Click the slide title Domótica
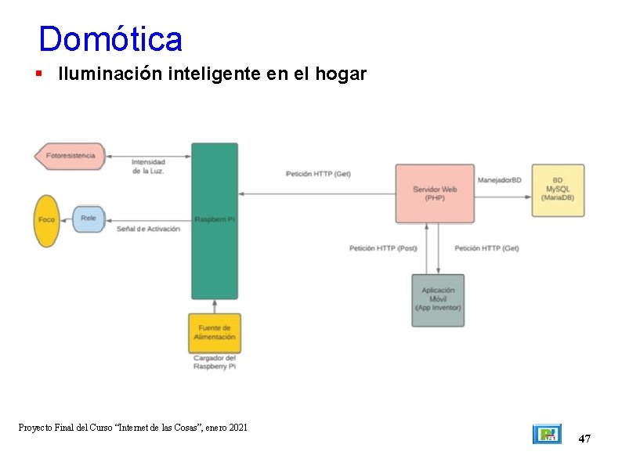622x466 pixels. [110, 39]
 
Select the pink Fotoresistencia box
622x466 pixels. [71, 156]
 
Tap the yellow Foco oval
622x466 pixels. [47, 220]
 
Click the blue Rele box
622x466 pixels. [89, 219]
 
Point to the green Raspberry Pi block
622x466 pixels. [215, 220]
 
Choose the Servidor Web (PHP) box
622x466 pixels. [435, 193]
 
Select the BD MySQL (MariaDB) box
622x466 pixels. [558, 190]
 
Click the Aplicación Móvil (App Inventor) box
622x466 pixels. [438, 299]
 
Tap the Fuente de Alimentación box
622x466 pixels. [215, 333]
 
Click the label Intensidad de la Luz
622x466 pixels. [148, 167]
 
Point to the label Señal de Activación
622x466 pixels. [148, 229]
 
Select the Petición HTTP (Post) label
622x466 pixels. [383, 248]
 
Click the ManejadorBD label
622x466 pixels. [499, 180]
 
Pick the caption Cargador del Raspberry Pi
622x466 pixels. [215, 363]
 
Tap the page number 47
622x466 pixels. [584, 439]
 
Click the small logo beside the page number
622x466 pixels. [547, 434]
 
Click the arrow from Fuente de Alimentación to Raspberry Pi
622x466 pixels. [215, 306]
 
